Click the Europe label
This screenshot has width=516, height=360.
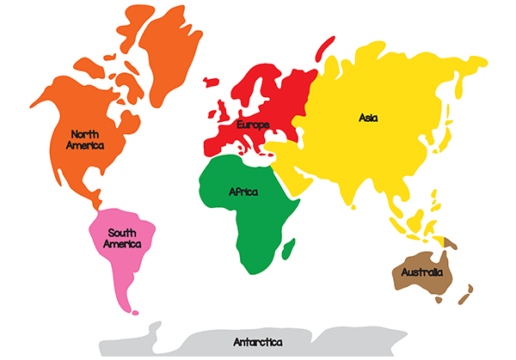point(253,125)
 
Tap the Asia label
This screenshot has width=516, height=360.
point(368,118)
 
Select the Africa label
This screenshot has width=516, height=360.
point(243,192)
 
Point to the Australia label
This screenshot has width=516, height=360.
point(421,272)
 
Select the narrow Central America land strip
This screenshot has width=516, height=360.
point(97,205)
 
